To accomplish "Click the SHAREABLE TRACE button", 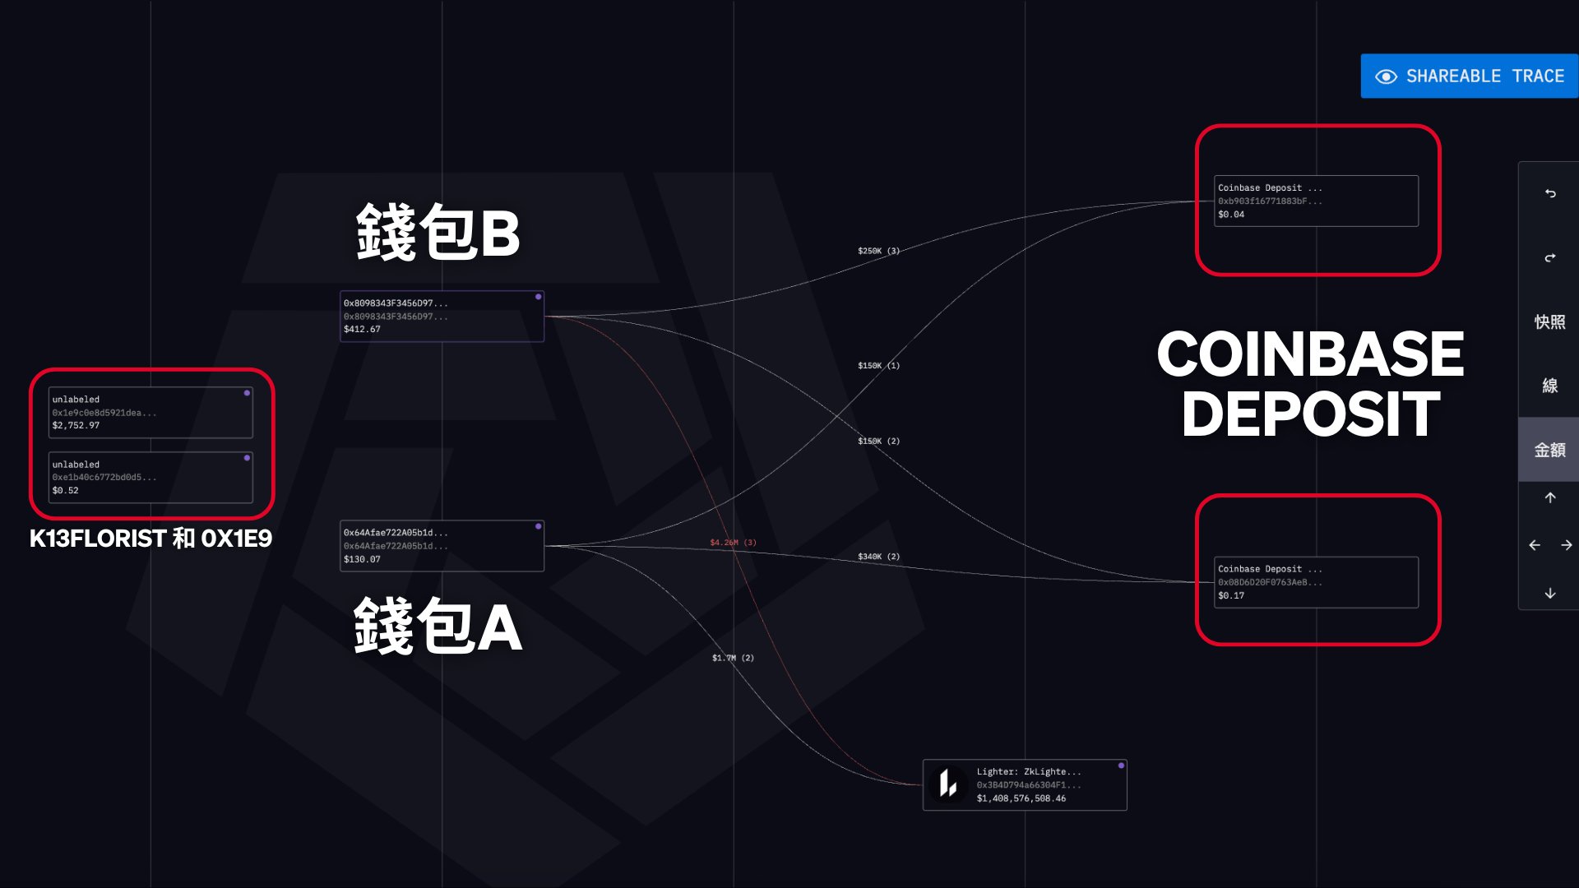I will point(1469,76).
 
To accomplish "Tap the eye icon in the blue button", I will point(1386,76).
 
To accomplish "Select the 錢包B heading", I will point(438,233).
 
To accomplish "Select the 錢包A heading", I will point(438,627).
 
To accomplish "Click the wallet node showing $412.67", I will point(442,317).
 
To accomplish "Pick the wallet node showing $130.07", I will point(442,546).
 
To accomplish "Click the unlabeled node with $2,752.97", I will point(150,413).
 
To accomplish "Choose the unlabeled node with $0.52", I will point(150,478).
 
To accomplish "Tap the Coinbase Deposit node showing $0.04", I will point(1316,201).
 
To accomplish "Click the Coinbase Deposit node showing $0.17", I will point(1316,582).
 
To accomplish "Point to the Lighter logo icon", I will point(948,784).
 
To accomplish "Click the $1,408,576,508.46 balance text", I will point(1021,798).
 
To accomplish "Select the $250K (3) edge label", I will point(878,251).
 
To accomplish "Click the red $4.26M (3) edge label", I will point(733,543).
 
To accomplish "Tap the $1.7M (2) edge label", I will point(733,658).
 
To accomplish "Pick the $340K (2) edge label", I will point(878,557).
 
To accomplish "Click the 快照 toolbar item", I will point(1549,321).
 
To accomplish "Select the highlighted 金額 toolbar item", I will point(1549,450).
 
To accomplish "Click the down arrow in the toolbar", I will point(1549,594).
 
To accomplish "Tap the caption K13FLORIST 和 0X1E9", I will point(150,539).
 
